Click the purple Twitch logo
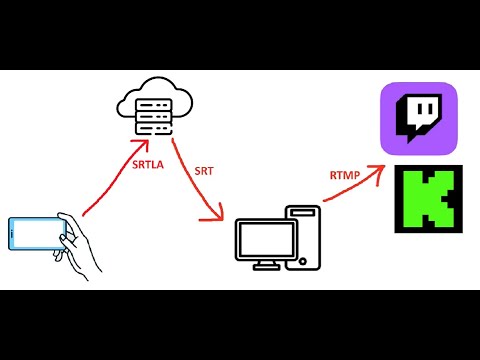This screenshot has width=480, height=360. tap(418, 119)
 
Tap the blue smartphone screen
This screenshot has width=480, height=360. tap(37, 235)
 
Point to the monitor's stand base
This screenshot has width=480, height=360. tap(265, 267)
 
